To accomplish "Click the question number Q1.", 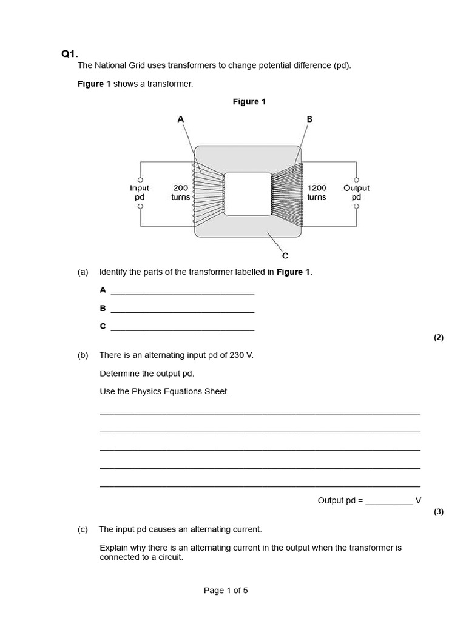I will click(x=70, y=54).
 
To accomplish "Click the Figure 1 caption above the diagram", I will click(x=249, y=102).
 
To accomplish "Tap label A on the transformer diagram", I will click(x=180, y=119).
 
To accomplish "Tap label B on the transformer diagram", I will click(x=309, y=119).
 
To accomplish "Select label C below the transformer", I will click(x=285, y=256).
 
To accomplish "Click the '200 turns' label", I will click(x=180, y=193).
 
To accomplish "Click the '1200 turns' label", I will click(x=317, y=193).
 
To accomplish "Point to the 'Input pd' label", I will click(x=140, y=193).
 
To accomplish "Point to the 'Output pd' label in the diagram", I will click(x=356, y=193).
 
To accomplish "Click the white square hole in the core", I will click(x=248, y=193).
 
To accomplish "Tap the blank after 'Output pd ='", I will click(x=388, y=501).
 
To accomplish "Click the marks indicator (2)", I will click(x=439, y=338).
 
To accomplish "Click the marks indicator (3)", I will click(x=439, y=511).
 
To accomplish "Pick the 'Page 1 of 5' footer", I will click(x=226, y=590).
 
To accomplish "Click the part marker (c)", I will click(x=83, y=529).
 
